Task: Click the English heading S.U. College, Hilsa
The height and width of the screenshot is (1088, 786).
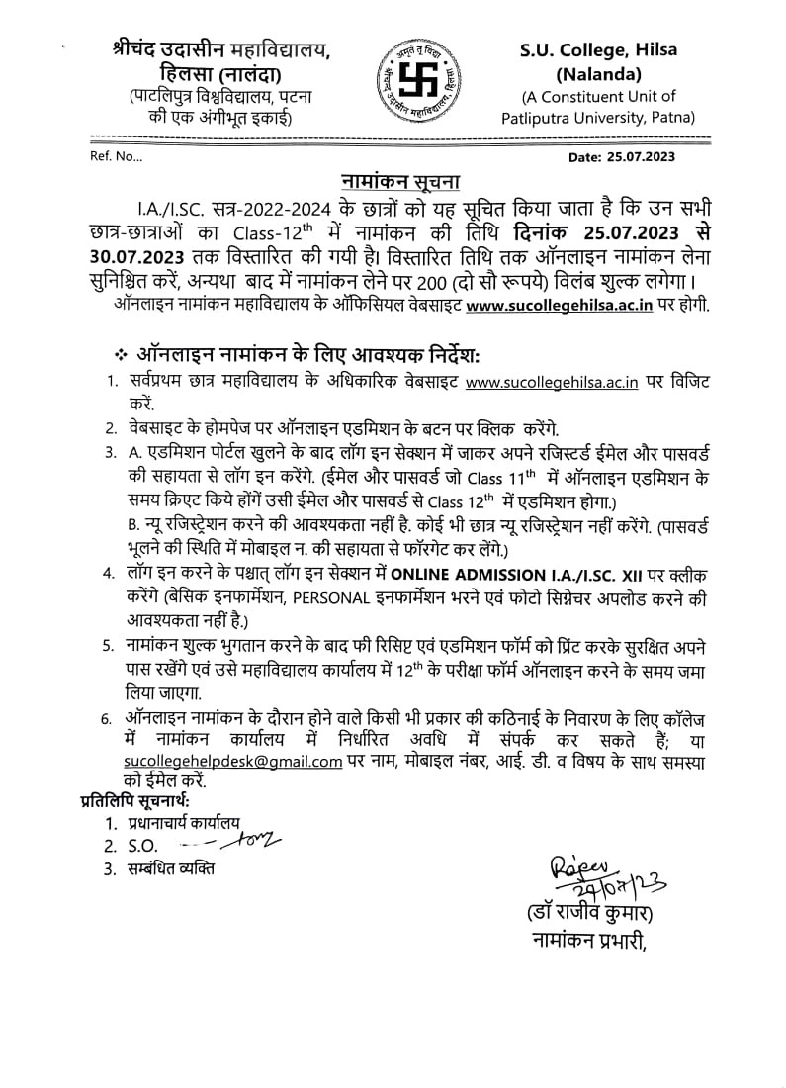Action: click(x=599, y=52)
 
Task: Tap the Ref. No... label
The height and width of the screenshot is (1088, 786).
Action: click(x=117, y=156)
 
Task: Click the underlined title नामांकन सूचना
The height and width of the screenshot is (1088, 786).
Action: click(x=393, y=183)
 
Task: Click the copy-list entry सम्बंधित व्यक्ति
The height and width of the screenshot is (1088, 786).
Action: click(x=171, y=869)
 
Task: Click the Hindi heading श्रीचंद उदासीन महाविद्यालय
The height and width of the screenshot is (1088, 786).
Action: click(x=222, y=50)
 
